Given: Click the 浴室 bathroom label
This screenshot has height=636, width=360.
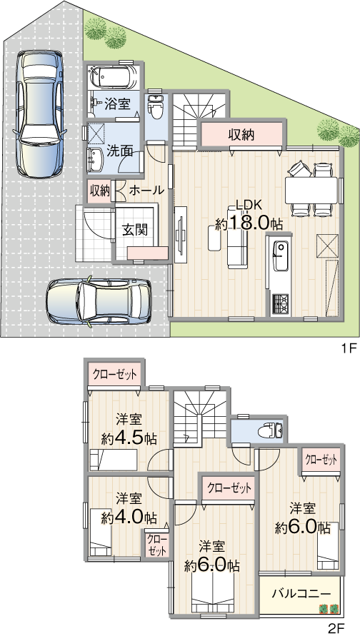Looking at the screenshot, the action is click(117, 104).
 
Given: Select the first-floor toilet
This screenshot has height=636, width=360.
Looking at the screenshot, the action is click(154, 106).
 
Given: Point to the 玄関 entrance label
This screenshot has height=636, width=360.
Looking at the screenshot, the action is click(135, 230).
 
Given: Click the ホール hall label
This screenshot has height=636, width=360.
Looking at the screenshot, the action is click(146, 190).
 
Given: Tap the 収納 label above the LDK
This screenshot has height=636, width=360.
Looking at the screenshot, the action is click(241, 134).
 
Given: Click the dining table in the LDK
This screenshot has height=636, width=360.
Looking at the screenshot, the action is click(311, 191).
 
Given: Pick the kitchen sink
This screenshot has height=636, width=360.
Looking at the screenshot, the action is click(281, 256).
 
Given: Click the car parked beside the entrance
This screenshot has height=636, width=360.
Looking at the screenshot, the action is click(99, 301).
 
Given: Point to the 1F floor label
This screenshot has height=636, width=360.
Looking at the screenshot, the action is click(349, 348).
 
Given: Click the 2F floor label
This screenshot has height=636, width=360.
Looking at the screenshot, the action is click(336, 629).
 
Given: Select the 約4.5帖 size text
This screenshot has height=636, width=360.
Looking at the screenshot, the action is click(129, 438).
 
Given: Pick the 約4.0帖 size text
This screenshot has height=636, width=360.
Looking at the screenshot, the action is click(129, 517).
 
